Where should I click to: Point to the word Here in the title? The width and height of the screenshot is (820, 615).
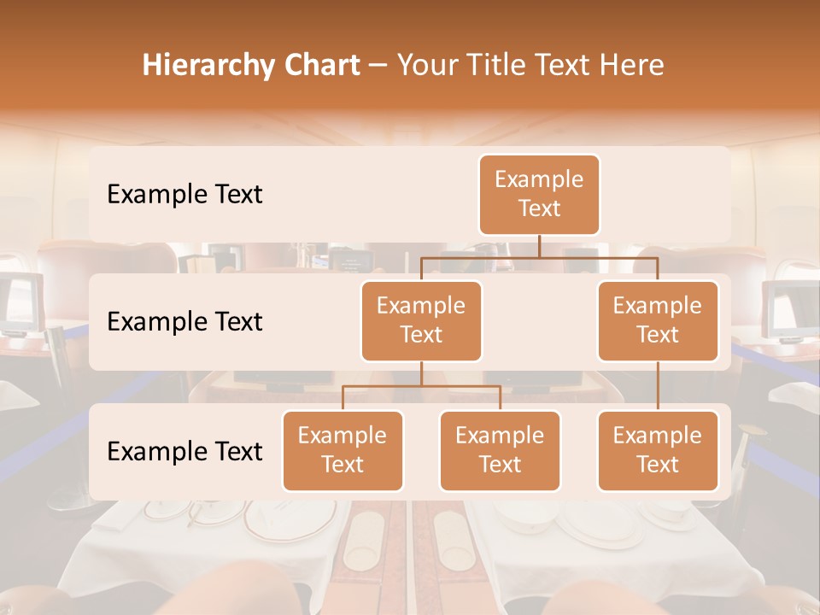click(x=630, y=66)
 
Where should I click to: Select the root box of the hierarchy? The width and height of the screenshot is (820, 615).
click(x=539, y=194)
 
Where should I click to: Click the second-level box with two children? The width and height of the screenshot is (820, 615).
click(x=421, y=320)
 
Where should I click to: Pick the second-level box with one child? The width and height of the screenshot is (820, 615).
click(x=658, y=320)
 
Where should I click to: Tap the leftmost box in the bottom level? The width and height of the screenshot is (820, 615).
click(x=343, y=450)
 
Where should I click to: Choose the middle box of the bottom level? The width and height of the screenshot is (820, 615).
click(x=500, y=450)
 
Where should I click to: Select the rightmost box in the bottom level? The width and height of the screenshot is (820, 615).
click(x=658, y=450)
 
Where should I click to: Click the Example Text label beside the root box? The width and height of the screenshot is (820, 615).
click(x=184, y=194)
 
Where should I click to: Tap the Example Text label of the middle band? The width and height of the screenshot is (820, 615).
click(x=184, y=321)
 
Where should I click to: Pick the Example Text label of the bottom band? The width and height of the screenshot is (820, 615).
click(x=184, y=451)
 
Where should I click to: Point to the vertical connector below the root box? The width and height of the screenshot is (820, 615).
click(x=539, y=246)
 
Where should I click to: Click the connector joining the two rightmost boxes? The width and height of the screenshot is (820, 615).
click(x=658, y=386)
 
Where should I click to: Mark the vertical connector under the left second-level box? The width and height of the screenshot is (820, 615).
click(x=421, y=373)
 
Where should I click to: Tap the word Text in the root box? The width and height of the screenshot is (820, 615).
click(x=539, y=208)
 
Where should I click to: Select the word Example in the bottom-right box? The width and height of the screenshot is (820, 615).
click(x=658, y=436)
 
